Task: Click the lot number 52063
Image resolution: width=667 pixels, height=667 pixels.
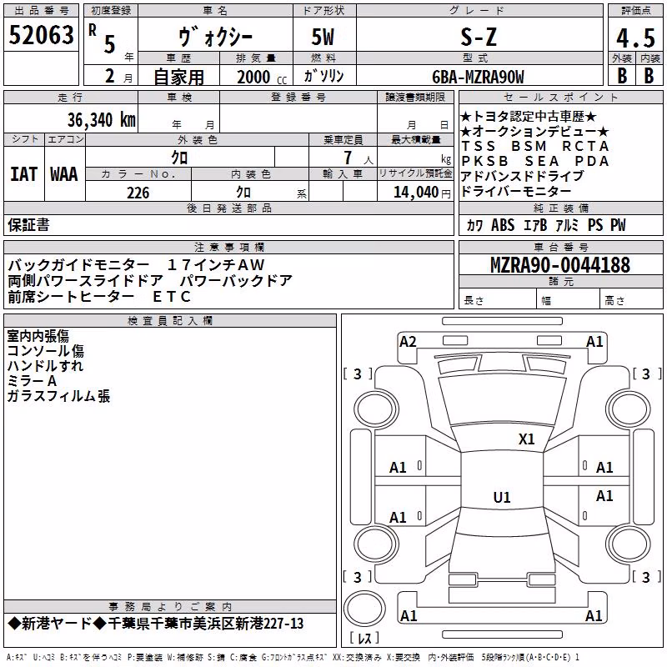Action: (41, 35)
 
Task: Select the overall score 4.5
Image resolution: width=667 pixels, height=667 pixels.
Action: (635, 38)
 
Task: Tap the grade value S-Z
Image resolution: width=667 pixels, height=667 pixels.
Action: (479, 37)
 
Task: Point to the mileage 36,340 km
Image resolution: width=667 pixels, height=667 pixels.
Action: (101, 120)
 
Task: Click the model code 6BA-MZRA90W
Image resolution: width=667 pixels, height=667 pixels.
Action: (478, 77)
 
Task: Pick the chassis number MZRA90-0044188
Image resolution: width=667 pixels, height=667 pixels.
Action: (560, 264)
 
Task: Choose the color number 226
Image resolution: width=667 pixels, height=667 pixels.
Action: (138, 193)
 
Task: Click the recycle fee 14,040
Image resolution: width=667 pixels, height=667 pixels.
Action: (415, 193)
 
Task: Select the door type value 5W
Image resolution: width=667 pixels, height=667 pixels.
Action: (323, 37)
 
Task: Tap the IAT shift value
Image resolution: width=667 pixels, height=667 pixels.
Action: (24, 174)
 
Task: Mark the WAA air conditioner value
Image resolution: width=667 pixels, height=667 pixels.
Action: (64, 174)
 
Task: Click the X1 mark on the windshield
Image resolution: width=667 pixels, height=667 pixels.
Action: (526, 439)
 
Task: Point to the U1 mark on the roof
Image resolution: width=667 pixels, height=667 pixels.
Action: (502, 497)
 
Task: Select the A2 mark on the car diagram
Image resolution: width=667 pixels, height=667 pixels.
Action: (408, 342)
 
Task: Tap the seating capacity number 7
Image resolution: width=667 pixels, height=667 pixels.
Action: (348, 158)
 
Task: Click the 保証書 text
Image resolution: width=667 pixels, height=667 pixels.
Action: (28, 225)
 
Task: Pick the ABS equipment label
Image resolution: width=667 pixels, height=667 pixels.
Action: (503, 224)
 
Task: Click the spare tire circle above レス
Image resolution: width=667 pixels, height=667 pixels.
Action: (364, 609)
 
